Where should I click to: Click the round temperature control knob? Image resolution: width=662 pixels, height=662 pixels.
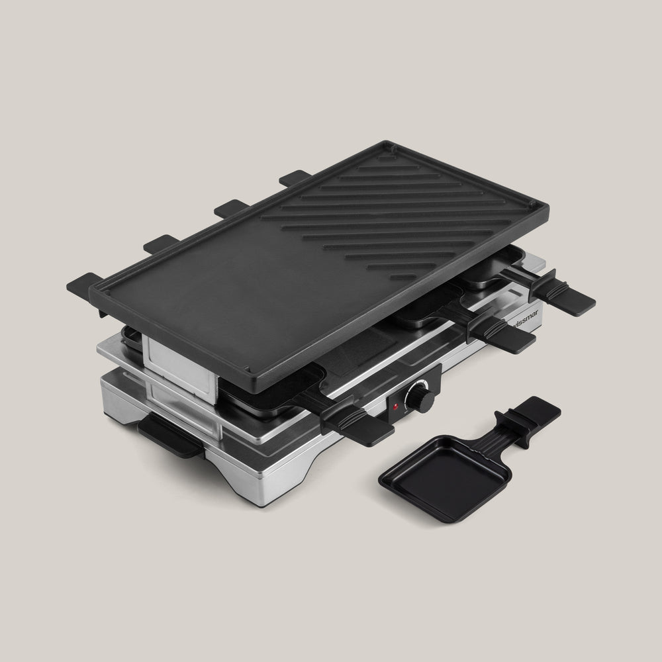click(x=418, y=397)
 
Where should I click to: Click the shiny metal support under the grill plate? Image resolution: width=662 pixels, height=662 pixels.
click(x=179, y=361)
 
